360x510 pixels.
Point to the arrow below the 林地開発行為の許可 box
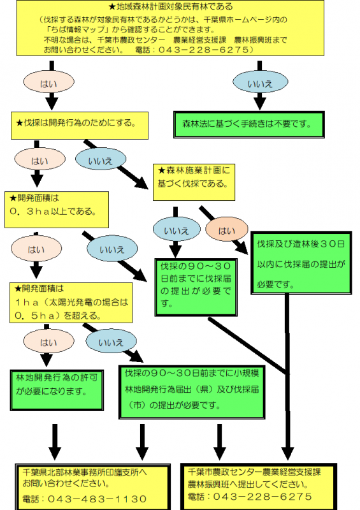(x=55, y=438)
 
